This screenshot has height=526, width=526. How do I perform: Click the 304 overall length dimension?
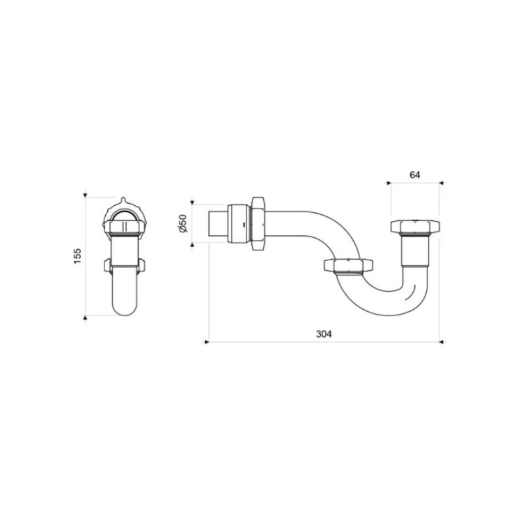pyautogui.click(x=323, y=333)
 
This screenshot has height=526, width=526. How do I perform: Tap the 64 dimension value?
pyautogui.click(x=415, y=174)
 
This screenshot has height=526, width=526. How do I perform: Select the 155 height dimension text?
pyautogui.click(x=77, y=255)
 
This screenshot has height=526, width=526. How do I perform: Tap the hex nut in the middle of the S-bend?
pyautogui.click(x=348, y=266)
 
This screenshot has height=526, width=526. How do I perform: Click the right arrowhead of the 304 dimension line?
pyautogui.click(x=441, y=342)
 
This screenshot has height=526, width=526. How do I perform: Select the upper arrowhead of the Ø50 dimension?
pyautogui.click(x=193, y=202)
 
